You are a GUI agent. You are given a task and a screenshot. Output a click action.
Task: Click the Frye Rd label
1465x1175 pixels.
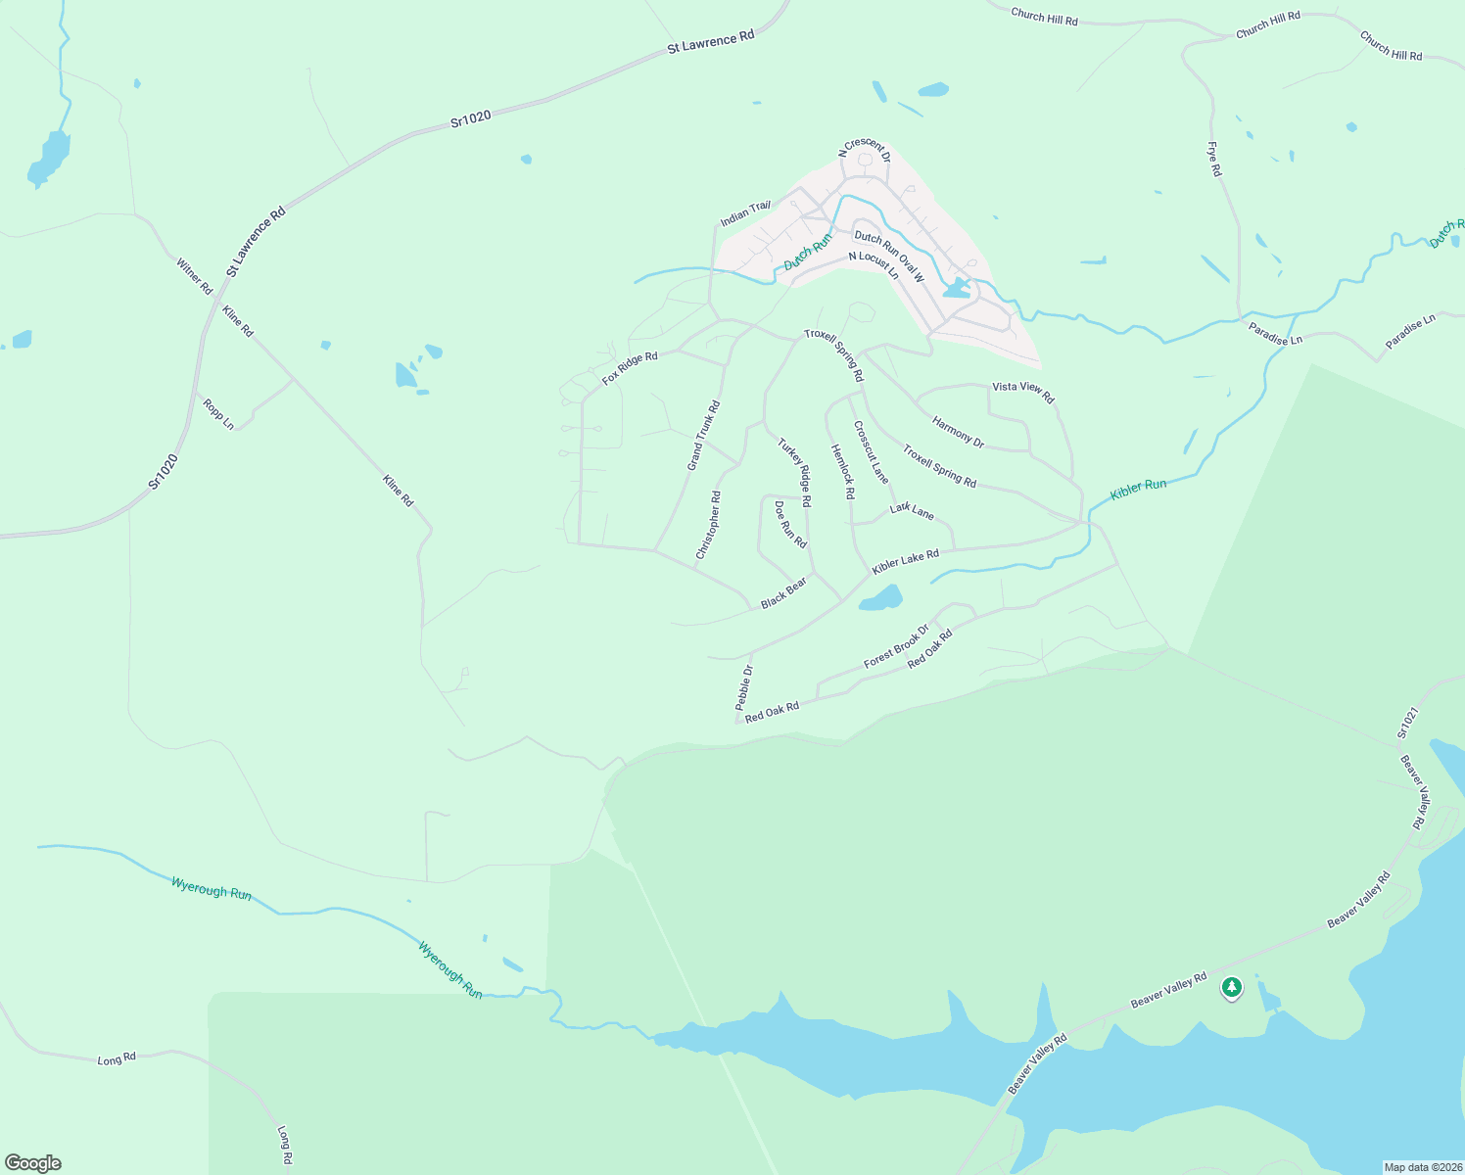click(x=1214, y=160)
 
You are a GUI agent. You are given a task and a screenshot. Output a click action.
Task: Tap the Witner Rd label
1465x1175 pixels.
click(x=194, y=276)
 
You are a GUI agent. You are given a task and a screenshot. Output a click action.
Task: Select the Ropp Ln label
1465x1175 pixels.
click(x=218, y=413)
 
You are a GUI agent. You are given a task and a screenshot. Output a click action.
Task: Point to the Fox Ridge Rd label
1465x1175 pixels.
click(x=630, y=369)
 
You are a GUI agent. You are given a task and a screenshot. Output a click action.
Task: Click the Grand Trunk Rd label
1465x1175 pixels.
click(x=703, y=436)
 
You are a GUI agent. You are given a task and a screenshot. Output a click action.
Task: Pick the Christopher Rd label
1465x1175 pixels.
click(x=708, y=526)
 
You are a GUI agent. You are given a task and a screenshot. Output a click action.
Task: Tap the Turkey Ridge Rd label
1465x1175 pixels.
click(x=794, y=472)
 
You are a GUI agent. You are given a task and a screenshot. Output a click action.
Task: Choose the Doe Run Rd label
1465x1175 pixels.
click(x=790, y=525)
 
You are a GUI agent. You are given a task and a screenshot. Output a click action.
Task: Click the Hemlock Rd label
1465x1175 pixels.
click(x=842, y=472)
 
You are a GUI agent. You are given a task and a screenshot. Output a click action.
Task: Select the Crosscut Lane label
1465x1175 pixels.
click(x=871, y=452)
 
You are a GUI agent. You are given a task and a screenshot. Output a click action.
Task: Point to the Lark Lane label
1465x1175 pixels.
click(x=912, y=510)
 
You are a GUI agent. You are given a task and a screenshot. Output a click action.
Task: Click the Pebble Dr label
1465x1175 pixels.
click(x=744, y=687)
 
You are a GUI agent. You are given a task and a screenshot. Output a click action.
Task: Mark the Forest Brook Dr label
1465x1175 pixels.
click(x=896, y=647)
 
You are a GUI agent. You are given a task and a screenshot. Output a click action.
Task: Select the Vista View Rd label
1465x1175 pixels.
click(x=1022, y=392)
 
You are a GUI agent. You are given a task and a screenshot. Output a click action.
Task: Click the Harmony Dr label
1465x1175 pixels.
click(x=958, y=433)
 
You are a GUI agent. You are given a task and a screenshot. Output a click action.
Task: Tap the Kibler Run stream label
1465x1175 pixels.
click(x=1138, y=490)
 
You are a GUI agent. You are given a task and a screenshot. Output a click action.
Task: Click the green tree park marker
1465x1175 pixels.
click(x=1232, y=988)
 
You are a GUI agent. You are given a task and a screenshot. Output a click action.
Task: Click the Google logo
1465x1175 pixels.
click(x=33, y=1163)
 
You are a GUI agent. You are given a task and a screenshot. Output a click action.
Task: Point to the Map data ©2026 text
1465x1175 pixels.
click(x=1421, y=1167)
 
